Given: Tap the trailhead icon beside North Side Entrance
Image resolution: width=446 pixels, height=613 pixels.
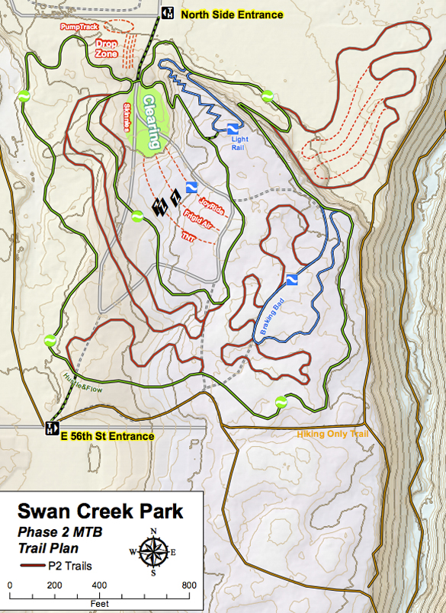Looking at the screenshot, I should coord(168,13).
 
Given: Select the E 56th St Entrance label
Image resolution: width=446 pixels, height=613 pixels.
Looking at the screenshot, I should coord(107,436).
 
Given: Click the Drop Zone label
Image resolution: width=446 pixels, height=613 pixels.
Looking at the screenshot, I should coord(107,49).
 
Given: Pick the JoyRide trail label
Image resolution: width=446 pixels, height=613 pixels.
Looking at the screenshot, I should coord(211,204).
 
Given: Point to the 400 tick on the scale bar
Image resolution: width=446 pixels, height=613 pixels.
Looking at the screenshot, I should coord(98,586).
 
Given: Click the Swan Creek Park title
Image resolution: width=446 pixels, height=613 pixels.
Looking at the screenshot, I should coord(100,511).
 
